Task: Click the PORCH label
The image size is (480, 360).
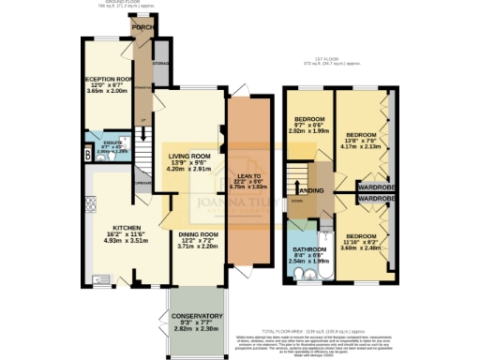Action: [142, 28]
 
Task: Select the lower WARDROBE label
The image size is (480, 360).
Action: [376, 199]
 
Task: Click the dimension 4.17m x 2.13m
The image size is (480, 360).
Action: [362, 146]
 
